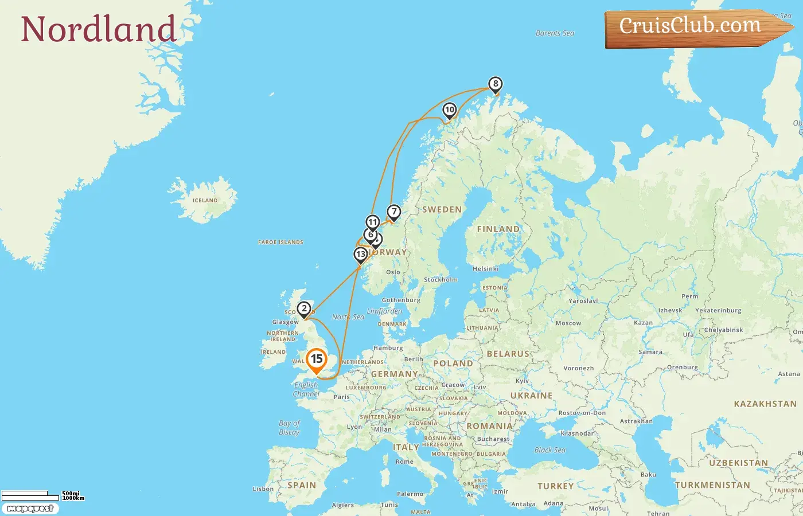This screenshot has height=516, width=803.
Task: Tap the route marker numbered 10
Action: coord(450,110)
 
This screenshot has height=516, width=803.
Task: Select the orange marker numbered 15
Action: coord(316,360)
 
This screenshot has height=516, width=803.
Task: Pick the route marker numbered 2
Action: coord(304,309)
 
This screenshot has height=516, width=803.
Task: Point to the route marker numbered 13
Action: coord(360,255)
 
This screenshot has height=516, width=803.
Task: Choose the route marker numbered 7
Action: coord(393,212)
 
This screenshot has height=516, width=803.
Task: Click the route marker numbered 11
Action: coord(373,222)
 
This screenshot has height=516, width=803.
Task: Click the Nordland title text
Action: coord(98,29)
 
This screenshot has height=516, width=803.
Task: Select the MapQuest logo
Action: coord(30,509)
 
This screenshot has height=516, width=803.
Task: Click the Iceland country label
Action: coord(205,201)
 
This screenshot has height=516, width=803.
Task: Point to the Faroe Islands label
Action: coord(280,243)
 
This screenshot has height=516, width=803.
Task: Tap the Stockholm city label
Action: coord(441,280)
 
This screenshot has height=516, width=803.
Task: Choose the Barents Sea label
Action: coord(555,33)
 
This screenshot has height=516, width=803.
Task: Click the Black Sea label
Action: coord(549,450)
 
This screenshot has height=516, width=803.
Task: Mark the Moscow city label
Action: coord(568,323)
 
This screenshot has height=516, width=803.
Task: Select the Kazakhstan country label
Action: coord(765,404)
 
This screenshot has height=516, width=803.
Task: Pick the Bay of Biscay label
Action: coord(290,428)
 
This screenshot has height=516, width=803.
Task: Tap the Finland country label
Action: coord(498,229)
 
